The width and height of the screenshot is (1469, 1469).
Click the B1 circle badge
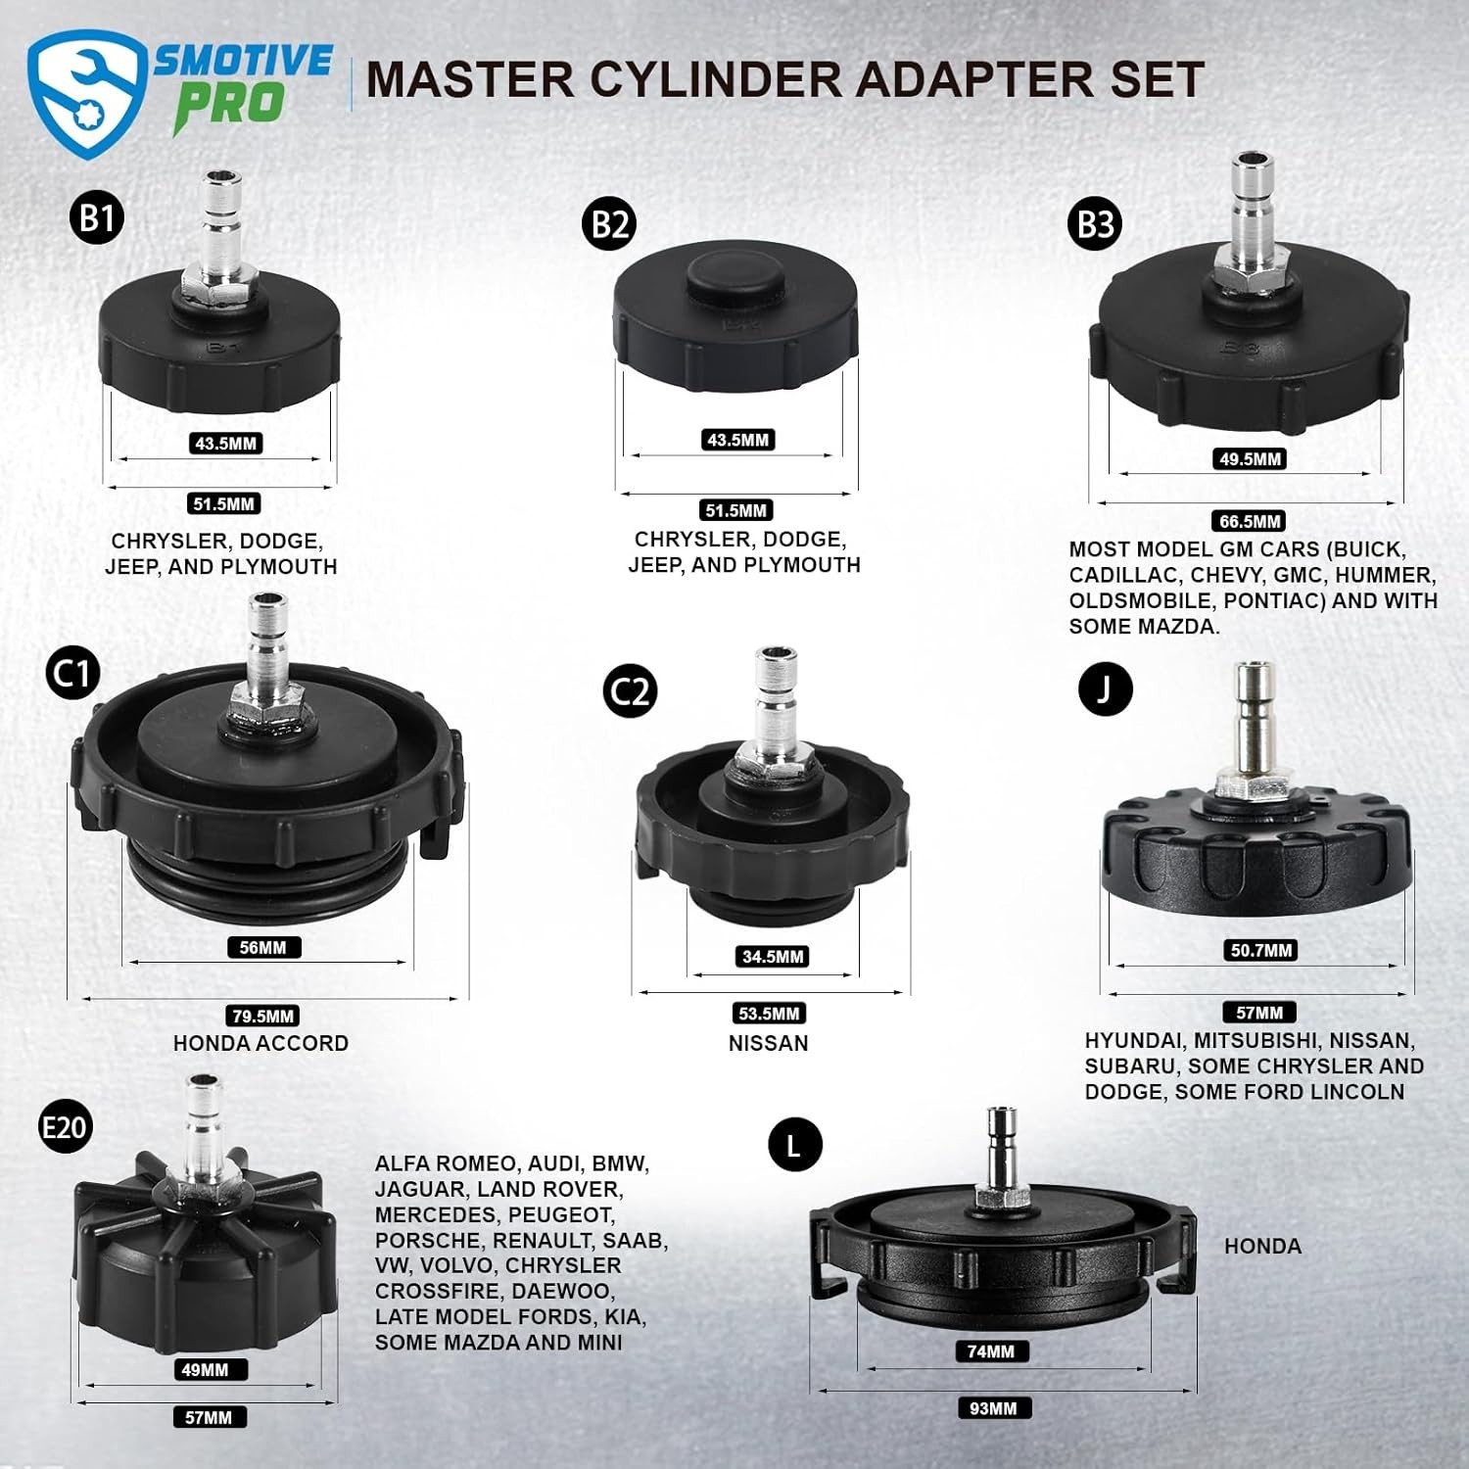tap(97, 217)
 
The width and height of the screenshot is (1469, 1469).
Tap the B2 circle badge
tap(609, 224)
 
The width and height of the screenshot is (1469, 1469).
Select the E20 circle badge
tap(65, 1127)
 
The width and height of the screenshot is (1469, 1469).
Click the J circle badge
tap(1105, 688)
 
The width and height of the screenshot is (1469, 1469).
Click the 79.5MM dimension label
tap(262, 1016)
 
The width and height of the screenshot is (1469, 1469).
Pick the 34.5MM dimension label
tap(773, 956)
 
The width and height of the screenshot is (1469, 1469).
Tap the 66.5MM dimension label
tap(1250, 521)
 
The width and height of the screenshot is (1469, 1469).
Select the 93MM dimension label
tap(993, 1408)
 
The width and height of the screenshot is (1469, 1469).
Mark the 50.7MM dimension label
tap(1260, 950)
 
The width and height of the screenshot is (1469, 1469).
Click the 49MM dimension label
tap(205, 1369)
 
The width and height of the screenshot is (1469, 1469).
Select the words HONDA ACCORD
tap(261, 1043)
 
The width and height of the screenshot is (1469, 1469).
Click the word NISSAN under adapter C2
tap(769, 1043)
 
